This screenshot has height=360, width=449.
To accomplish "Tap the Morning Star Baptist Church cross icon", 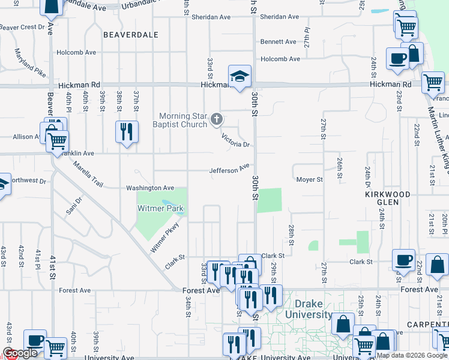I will (217, 120).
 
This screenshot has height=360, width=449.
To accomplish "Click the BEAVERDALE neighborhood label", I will (130, 35).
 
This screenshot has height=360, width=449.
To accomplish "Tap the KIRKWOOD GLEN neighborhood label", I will (388, 199).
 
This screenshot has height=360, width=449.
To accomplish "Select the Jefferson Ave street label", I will (229, 170).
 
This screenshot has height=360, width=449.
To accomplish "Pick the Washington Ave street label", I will (149, 188).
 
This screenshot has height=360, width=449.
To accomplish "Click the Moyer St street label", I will (309, 179).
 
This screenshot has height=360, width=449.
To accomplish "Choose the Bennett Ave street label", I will (278, 42).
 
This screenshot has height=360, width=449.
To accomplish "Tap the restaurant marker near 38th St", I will (127, 131).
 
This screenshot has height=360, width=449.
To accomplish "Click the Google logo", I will (20, 353).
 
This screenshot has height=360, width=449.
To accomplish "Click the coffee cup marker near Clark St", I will (403, 260).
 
